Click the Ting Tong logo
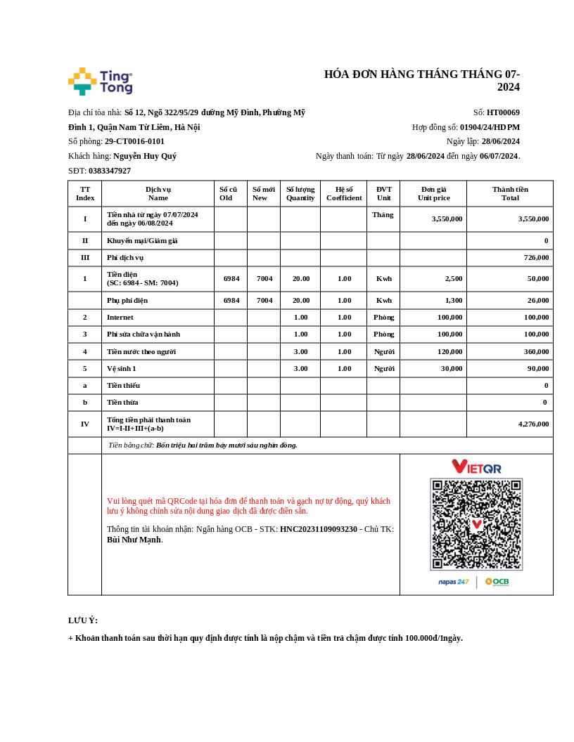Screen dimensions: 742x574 tap(100, 82)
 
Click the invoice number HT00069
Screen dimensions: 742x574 tap(503, 112)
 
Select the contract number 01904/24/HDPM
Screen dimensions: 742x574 tap(490, 127)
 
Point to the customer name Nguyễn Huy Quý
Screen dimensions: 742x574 tap(144, 156)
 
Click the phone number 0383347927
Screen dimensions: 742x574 tap(110, 171)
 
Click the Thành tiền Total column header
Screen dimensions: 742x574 tap(510, 193)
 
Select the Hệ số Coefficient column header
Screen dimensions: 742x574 tap(344, 193)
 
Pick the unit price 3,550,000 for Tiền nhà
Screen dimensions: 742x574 tap(447, 219)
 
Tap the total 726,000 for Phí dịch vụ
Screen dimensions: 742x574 tap(536, 258)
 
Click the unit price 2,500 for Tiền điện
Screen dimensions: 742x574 tap(454, 279)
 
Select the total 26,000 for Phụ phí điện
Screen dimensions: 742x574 tap(537, 301)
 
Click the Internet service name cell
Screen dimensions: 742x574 tap(120, 318)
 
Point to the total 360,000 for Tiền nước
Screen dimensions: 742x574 tap(536, 351)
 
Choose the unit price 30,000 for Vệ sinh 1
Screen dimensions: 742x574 tap(452, 368)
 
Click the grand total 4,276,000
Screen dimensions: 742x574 tap(533, 424)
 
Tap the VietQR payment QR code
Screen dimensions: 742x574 tap(476, 524)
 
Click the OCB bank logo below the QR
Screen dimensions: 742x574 tap(497, 582)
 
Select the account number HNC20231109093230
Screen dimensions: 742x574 tap(319, 529)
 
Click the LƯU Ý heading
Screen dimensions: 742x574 tap(83, 620)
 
